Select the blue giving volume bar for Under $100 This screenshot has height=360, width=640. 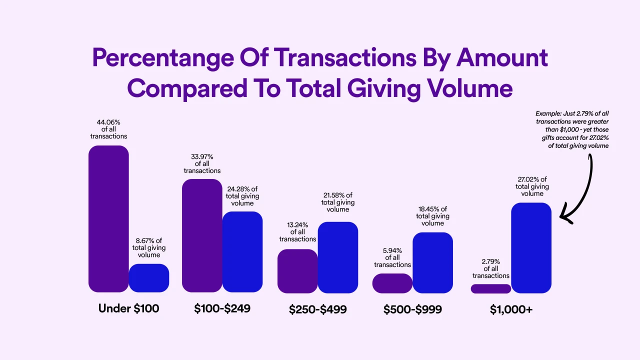(149, 278)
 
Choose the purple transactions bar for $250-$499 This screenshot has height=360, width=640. (297, 271)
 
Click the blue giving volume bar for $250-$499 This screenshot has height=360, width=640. (338, 257)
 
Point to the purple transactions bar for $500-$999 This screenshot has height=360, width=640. (392, 283)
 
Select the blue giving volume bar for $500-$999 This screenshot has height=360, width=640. (433, 262)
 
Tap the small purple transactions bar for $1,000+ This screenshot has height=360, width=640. (491, 288)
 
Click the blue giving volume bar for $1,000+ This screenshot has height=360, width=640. (531, 247)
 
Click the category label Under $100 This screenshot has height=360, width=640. (129, 308)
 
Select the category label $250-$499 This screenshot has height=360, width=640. (317, 310)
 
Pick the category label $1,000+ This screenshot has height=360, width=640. (511, 310)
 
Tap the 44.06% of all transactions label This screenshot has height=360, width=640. (108, 128)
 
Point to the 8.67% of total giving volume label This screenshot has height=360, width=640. (149, 247)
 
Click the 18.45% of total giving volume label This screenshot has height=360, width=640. (433, 216)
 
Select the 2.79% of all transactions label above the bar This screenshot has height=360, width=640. (491, 268)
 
